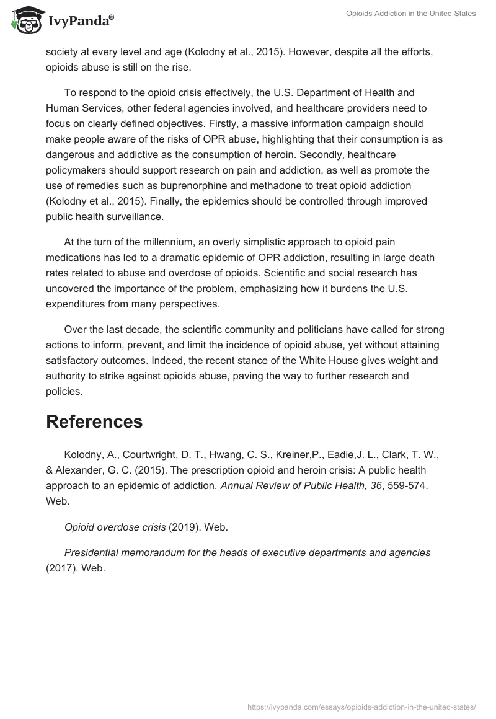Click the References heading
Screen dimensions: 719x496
(x=94, y=421)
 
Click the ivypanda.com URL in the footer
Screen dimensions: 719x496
(x=361, y=706)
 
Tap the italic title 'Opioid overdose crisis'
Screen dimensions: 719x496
(x=115, y=527)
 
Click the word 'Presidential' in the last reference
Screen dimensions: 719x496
(x=94, y=552)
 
